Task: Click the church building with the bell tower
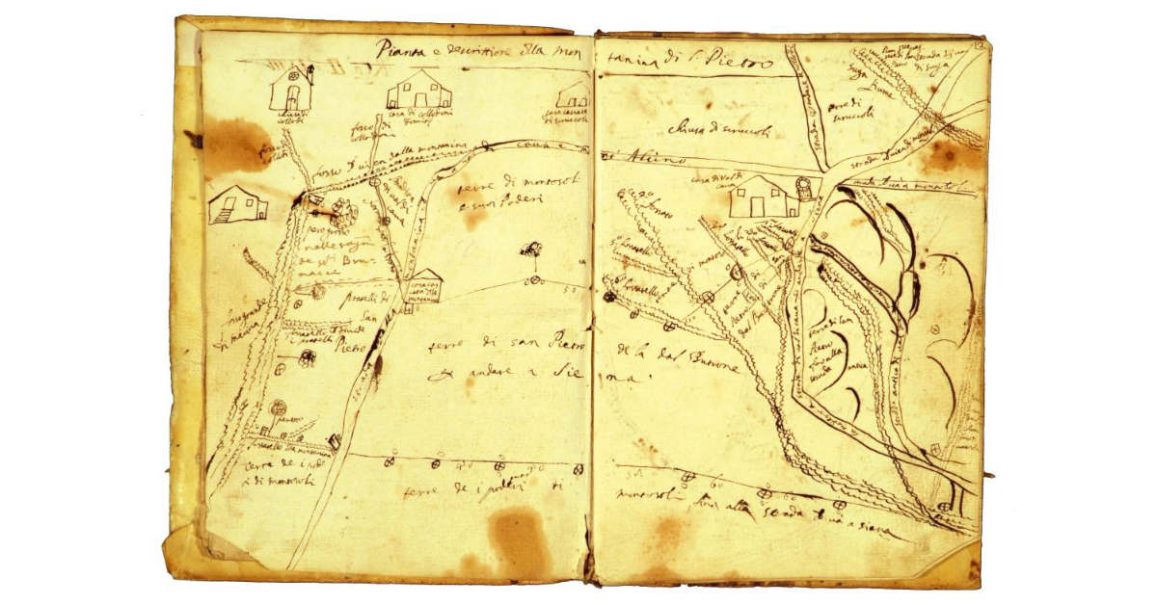292,90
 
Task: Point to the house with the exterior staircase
237,203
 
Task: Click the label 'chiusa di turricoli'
708,129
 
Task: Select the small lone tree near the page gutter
530,249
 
